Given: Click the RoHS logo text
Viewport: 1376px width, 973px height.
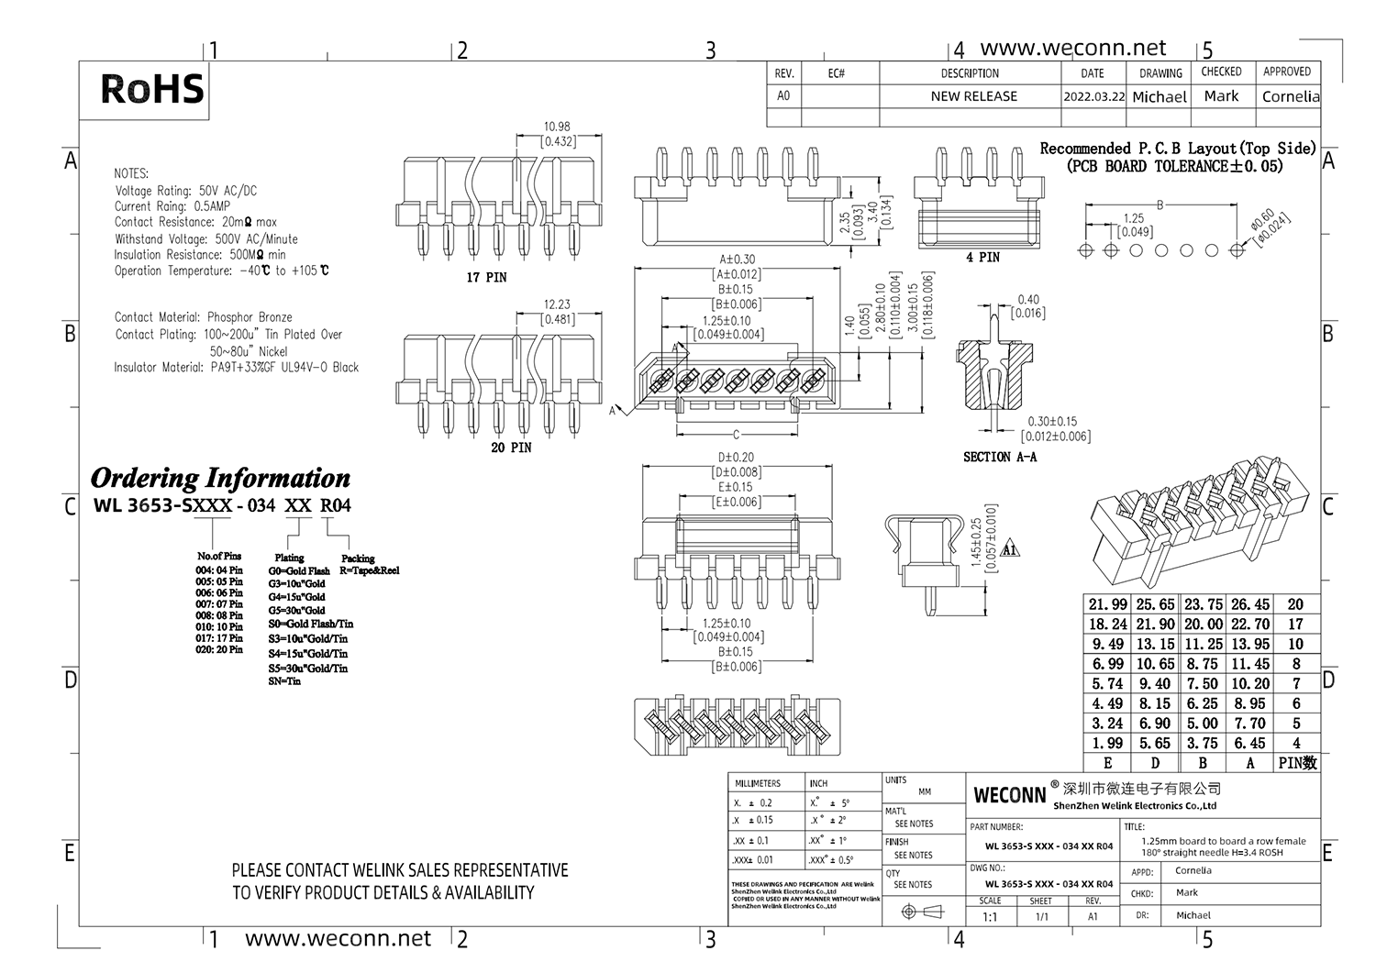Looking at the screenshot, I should click(151, 89).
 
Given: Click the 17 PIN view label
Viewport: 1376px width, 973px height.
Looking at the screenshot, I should click(486, 277).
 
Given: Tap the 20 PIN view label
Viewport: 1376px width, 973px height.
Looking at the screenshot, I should click(511, 448).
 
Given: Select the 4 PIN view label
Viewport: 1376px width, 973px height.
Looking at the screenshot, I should click(982, 258).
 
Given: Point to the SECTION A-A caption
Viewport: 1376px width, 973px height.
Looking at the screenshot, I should click(1000, 457).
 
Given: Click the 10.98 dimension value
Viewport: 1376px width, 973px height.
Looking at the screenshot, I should click(557, 127).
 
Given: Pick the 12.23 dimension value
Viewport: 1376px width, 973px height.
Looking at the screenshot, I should click(557, 304).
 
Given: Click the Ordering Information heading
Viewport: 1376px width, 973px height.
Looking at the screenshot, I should click(220, 478).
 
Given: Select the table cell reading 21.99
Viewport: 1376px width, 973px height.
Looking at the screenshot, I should click(1107, 604).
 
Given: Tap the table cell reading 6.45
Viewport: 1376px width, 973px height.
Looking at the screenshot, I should click(1249, 744).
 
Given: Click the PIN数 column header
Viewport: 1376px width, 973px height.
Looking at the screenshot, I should click(1297, 763).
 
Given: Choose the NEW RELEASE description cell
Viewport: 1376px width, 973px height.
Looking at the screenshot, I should click(973, 96).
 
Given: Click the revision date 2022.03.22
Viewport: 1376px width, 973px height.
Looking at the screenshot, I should click(1093, 96).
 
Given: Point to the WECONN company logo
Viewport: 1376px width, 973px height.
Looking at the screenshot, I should click(1009, 794).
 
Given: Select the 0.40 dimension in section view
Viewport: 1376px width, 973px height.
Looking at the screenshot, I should click(1028, 300).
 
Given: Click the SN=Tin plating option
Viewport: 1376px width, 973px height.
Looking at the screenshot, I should click(284, 681).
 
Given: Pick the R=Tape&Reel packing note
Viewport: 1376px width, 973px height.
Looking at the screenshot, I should click(370, 570).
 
